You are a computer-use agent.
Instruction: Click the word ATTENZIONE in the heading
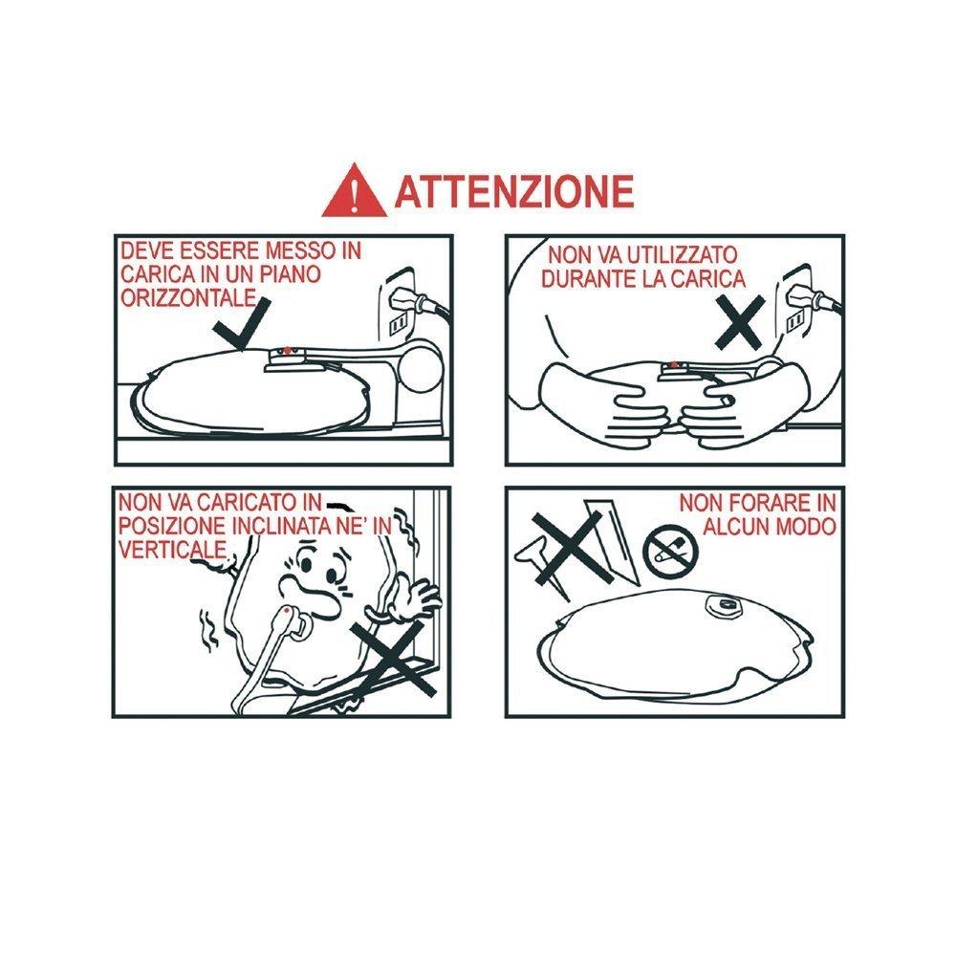tap(514, 191)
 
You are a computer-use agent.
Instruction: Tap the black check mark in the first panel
tap(241, 324)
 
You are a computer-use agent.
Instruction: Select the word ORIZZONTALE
tap(187, 297)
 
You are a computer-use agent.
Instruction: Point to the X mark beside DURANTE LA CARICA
tap(740, 322)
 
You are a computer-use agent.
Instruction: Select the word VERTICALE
tap(172, 550)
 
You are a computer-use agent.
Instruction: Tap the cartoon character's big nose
tap(307, 594)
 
